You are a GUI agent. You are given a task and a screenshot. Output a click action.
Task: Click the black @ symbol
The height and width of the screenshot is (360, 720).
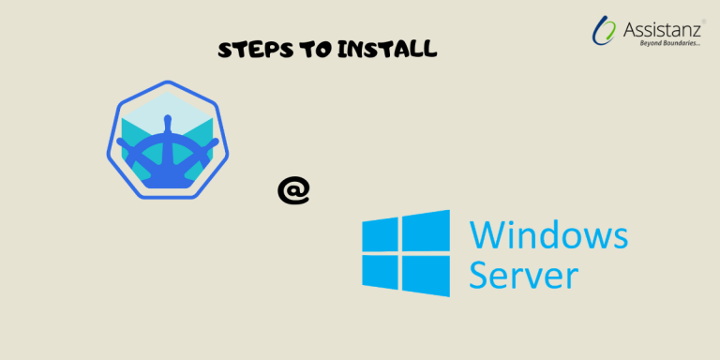292,190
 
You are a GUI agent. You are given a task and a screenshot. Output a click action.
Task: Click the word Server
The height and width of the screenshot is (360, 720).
524,276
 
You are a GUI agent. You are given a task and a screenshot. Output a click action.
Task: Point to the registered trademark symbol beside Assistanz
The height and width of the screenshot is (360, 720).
704,21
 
